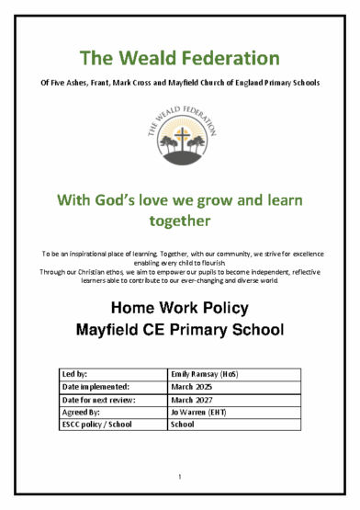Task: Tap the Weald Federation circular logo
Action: tap(180, 129)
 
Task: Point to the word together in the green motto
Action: tap(179, 221)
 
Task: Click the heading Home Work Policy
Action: tap(179, 306)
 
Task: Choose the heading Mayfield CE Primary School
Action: tap(179, 329)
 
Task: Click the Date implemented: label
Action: tap(96, 388)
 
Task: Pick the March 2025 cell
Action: tap(192, 388)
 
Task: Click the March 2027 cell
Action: tap(192, 401)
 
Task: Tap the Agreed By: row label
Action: tap(80, 413)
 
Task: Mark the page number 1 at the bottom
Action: tap(180, 476)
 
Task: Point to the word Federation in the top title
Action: tap(229, 59)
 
